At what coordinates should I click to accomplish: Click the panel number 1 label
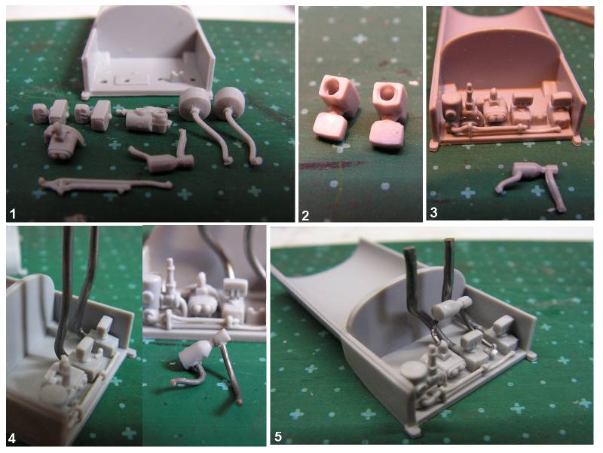click(x=13, y=214)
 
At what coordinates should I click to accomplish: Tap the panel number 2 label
click(x=305, y=215)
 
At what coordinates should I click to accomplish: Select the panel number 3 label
click(x=434, y=213)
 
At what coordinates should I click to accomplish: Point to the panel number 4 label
click(x=12, y=439)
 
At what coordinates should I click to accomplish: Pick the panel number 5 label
click(x=278, y=437)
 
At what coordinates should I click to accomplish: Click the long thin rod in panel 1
click(x=105, y=183)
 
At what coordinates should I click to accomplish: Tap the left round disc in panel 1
click(x=194, y=102)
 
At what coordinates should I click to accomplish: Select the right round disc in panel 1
click(x=230, y=101)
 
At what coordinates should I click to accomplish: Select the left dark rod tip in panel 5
click(x=409, y=249)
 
